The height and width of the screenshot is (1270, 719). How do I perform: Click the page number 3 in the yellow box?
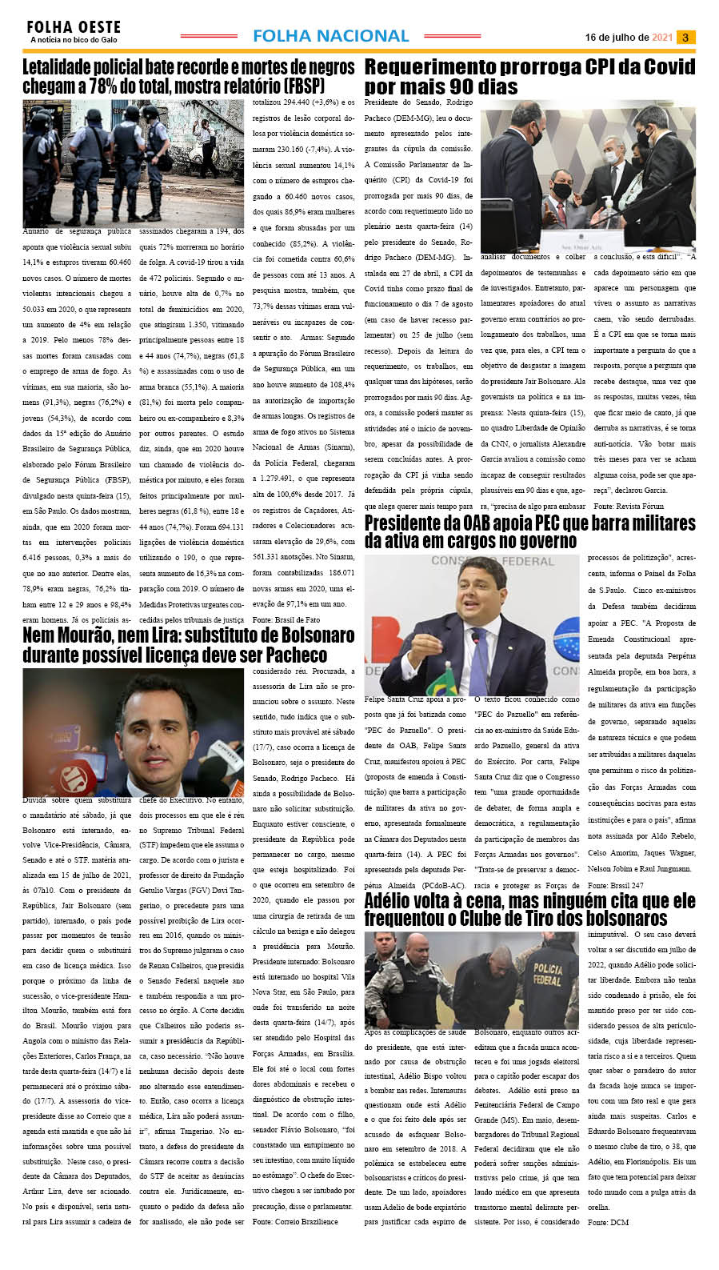(685, 38)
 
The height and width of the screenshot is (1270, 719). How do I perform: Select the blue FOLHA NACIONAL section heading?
(330, 36)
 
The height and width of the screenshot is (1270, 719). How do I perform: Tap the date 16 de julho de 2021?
(629, 38)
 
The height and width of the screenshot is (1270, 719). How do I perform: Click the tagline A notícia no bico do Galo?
(74, 40)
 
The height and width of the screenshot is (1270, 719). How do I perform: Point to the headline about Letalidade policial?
(189, 76)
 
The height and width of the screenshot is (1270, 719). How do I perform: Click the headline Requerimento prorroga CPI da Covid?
(529, 76)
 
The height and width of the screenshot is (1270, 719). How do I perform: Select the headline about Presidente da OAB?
(529, 531)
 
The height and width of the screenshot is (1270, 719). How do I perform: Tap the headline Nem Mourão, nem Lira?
(189, 645)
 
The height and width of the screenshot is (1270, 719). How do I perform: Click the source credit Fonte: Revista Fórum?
(629, 507)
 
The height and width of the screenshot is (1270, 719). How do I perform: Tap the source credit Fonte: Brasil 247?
(615, 886)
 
